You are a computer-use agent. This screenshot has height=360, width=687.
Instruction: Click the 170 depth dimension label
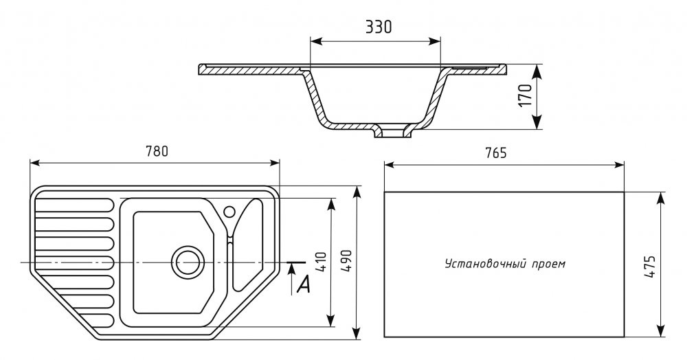click(526, 96)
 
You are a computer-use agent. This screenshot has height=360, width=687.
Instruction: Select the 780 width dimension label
click(157, 151)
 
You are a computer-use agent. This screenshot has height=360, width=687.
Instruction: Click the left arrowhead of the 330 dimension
click(315, 43)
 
